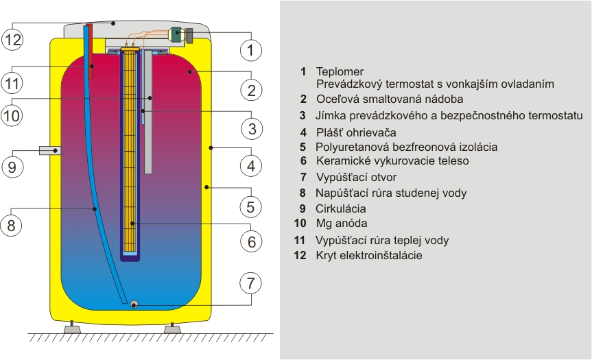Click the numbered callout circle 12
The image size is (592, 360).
pos(12,40)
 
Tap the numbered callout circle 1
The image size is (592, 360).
pos(252,49)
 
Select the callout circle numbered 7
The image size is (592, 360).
pos(252,282)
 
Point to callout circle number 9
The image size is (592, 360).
pos(12,167)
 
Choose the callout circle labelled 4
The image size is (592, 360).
pos(252,165)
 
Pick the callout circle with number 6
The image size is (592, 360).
pos(252,242)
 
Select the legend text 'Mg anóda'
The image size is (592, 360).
pos(341,223)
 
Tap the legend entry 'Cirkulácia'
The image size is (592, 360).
pos(340,208)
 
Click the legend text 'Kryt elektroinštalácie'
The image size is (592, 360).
pos(368,256)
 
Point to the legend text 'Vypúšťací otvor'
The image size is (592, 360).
pos(352,177)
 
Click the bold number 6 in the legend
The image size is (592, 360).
pos(303,161)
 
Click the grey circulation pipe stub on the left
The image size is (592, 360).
pos(49,150)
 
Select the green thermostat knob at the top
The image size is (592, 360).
pos(176,34)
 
